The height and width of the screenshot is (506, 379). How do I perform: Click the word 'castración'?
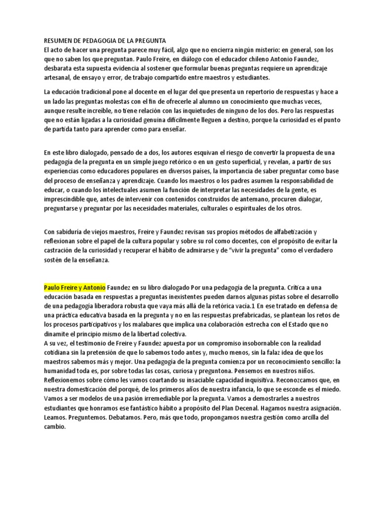point(61,250)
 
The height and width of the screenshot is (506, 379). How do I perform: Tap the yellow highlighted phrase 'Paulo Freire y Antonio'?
point(75,287)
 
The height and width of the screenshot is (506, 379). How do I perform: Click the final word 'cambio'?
point(55,428)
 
